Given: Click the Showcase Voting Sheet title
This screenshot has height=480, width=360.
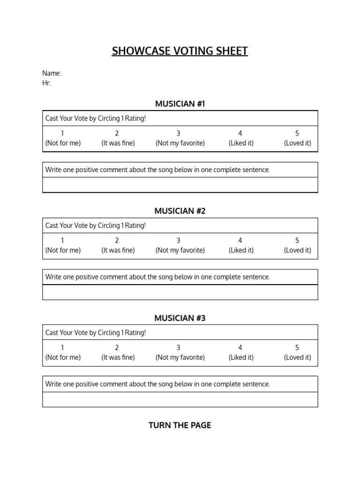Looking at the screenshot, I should (x=180, y=51).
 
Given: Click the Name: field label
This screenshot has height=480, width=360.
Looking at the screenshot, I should (x=52, y=73).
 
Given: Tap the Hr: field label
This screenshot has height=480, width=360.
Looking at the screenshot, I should (x=46, y=83).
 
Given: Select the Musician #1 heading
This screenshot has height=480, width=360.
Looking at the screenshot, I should (x=180, y=104).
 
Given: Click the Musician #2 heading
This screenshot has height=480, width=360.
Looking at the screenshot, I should (x=180, y=211).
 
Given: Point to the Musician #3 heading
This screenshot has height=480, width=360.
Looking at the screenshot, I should (x=180, y=318).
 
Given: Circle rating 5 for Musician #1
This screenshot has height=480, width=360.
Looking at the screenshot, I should (x=297, y=133).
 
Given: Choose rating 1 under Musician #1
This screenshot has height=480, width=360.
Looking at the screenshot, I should (x=62, y=133).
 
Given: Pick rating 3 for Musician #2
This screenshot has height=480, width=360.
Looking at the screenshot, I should (x=178, y=240).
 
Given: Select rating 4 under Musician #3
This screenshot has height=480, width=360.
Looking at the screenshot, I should (x=240, y=347).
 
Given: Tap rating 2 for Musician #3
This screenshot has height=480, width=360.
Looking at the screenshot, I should (x=117, y=347).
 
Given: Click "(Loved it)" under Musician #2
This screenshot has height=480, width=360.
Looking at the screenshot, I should (x=297, y=250).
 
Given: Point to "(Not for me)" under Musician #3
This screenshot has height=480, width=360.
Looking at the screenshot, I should (x=63, y=357).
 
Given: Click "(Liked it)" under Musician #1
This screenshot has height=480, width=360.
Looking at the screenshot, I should (x=241, y=143).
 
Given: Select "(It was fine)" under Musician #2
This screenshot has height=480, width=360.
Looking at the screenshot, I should (x=118, y=250).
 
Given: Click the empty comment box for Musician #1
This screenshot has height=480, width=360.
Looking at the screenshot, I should (x=180, y=185).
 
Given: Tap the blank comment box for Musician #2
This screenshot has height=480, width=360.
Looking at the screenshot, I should (x=180, y=292).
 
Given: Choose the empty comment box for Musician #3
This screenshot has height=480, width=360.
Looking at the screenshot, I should (x=180, y=399).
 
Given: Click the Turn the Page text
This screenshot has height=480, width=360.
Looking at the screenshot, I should (x=180, y=425).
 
